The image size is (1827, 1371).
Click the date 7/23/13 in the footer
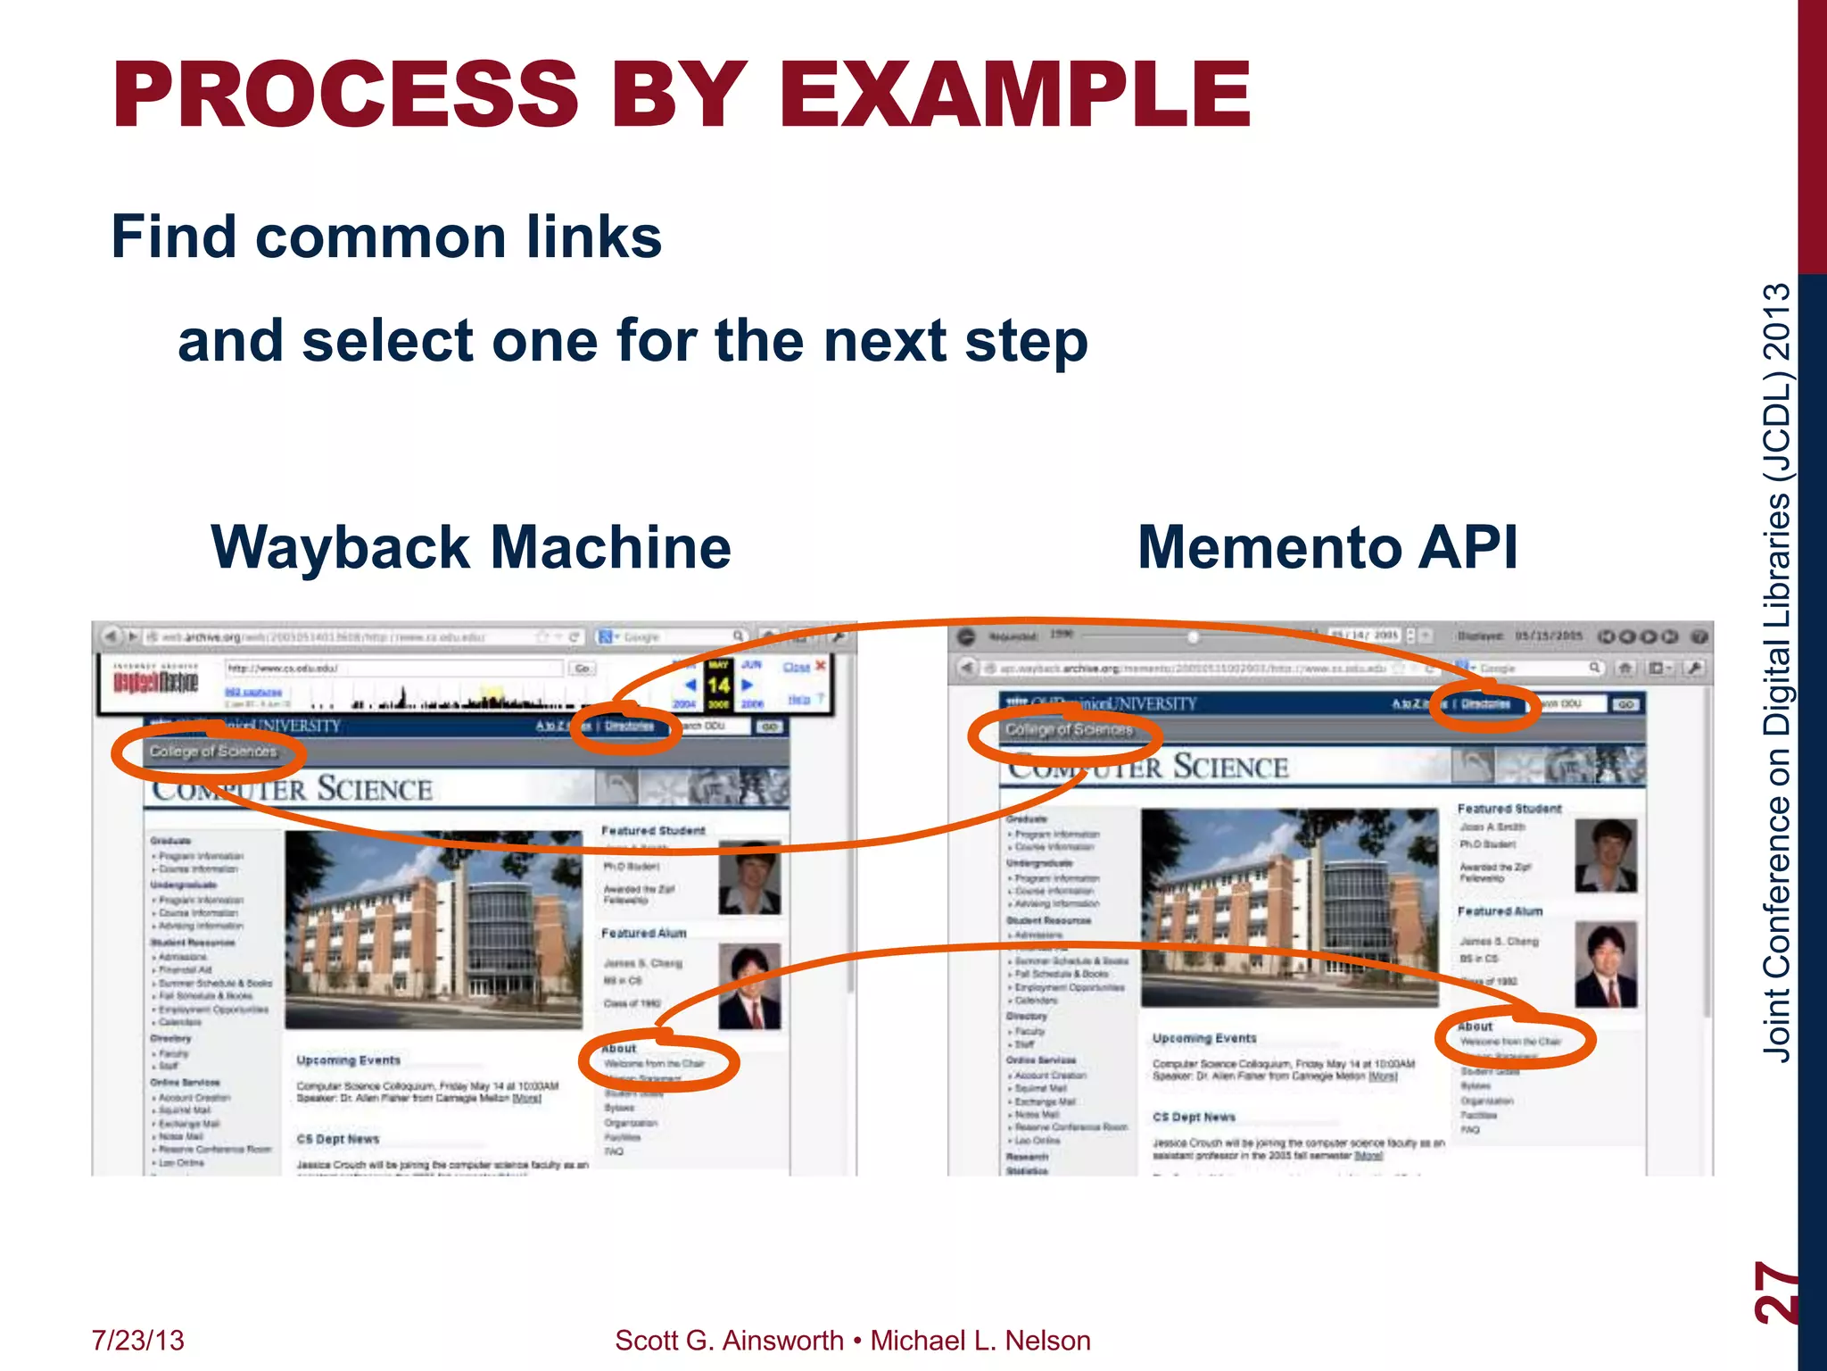pos(137,1341)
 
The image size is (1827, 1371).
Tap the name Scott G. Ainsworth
pos(729,1341)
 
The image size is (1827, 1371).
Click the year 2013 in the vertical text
pos(1777,321)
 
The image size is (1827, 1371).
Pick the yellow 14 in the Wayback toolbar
pos(718,685)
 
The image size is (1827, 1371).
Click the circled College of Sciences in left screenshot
pos(212,752)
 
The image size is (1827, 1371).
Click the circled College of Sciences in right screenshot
pos(1068,730)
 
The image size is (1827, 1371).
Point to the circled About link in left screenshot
pos(619,1049)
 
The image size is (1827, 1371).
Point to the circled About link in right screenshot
pos(1476,1026)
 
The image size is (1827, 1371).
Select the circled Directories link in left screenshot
pos(629,726)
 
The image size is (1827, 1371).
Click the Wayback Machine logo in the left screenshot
pos(155,683)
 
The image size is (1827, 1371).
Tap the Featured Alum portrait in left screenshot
pos(749,986)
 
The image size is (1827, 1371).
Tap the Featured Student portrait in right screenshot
pos(1606,855)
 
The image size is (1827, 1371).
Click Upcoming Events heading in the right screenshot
pos(1203,1038)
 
